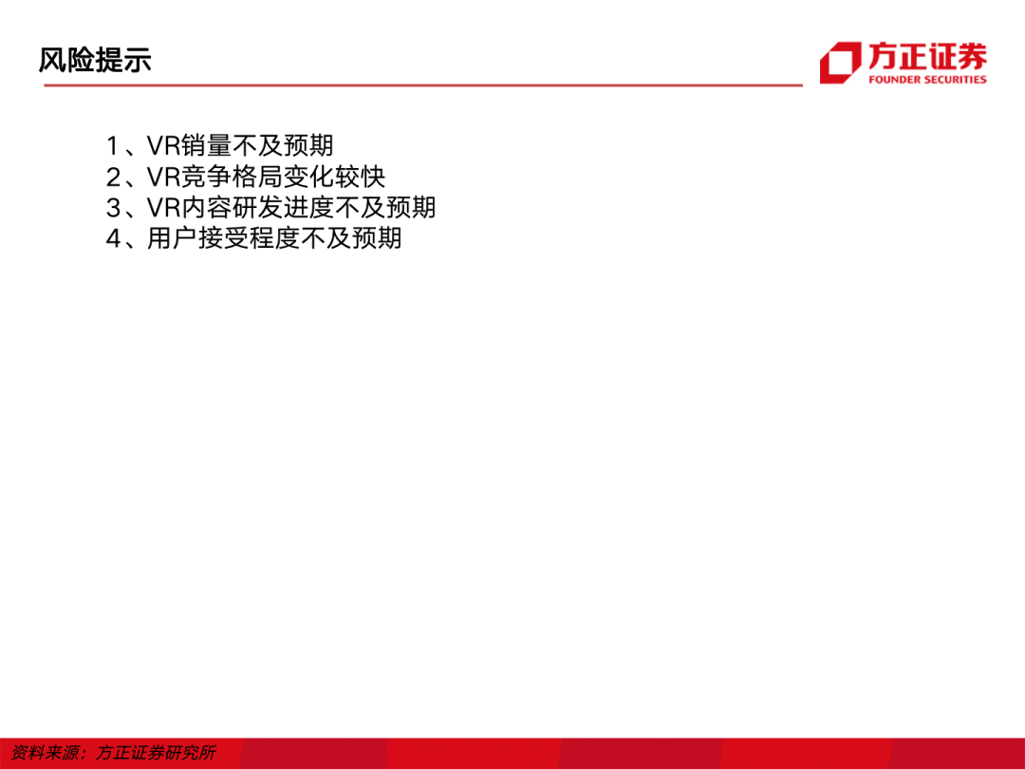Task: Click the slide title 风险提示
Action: point(95,60)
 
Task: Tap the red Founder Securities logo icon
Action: point(841,62)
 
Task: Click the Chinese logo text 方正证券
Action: point(927,57)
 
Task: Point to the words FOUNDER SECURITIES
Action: point(927,80)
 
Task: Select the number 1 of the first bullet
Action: point(112,146)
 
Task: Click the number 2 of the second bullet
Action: point(113,177)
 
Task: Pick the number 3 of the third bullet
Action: point(113,207)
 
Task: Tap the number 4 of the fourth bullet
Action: point(113,238)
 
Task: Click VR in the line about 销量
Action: point(163,146)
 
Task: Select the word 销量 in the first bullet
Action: point(206,146)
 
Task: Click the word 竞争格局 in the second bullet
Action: point(232,177)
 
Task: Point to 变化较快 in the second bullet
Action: point(334,177)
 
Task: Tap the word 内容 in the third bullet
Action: point(206,207)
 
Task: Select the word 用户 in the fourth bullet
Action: point(173,238)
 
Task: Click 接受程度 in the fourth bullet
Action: point(249,238)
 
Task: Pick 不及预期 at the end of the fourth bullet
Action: point(351,238)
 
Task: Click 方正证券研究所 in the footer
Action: point(157,753)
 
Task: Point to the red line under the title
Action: point(423,85)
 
